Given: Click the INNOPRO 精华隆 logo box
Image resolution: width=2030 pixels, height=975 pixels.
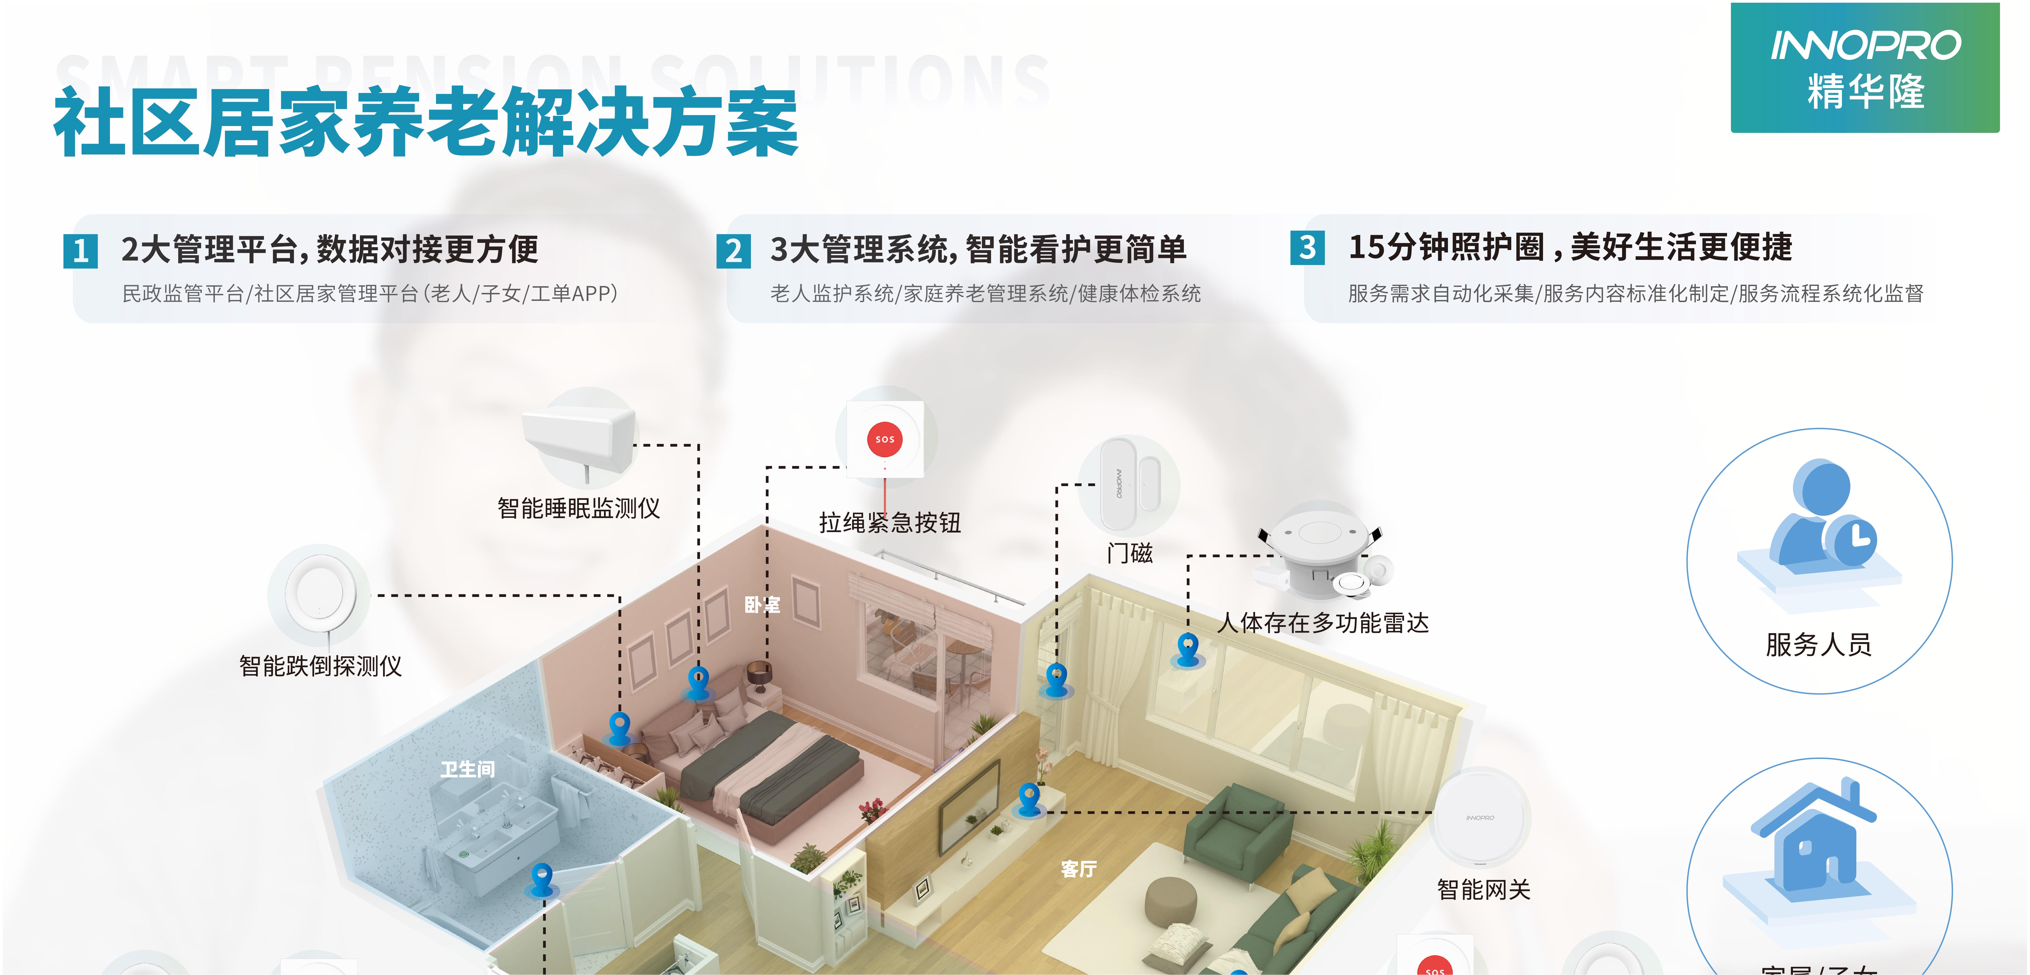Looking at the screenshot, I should (1865, 68).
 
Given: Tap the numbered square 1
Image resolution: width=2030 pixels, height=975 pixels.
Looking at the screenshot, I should (80, 251).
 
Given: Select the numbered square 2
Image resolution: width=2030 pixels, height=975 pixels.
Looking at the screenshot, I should (733, 251).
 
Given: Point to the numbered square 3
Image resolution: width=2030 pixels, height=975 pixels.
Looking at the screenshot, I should (1307, 247).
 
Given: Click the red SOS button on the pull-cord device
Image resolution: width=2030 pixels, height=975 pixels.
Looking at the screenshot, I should (884, 439).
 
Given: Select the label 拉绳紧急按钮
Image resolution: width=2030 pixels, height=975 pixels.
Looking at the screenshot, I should (890, 522).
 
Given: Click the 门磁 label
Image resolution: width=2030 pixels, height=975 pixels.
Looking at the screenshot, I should (1129, 552).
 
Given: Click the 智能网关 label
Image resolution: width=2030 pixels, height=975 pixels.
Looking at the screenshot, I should (1483, 889).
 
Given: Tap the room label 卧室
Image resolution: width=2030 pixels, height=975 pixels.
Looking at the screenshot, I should (762, 605).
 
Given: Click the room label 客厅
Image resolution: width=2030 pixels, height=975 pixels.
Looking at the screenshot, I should (1078, 869).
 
